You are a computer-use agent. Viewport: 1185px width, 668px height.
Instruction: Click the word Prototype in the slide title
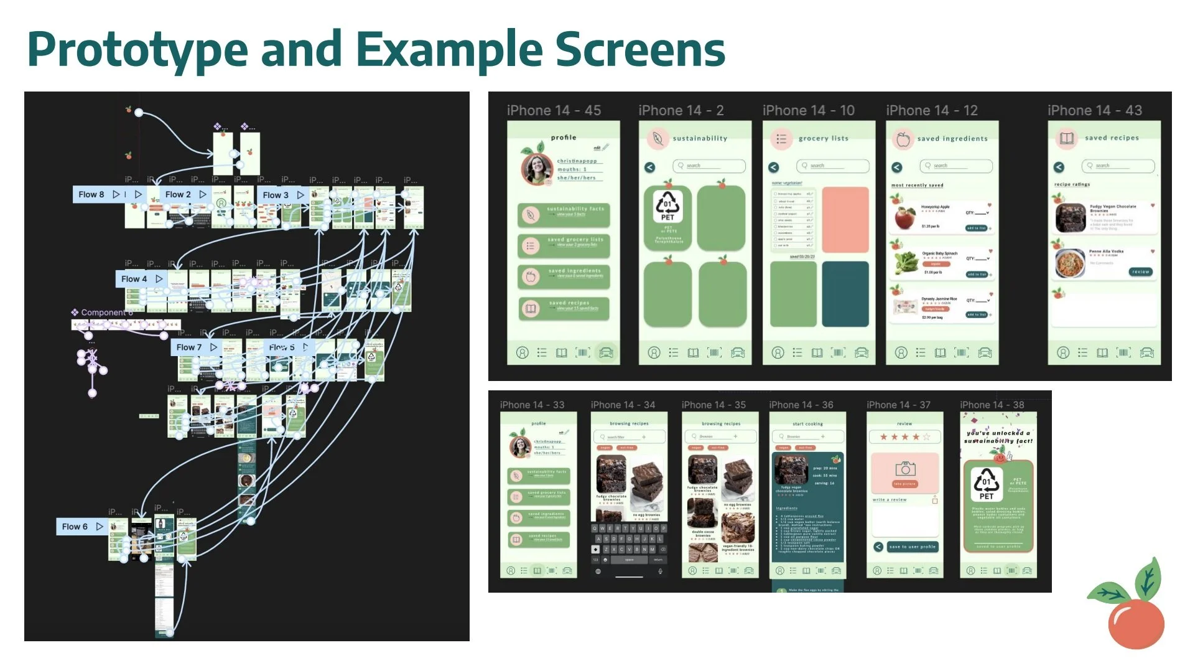click(137, 50)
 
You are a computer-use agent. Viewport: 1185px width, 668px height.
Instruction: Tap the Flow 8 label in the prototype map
click(91, 194)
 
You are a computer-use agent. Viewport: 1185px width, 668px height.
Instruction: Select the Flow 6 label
click(75, 527)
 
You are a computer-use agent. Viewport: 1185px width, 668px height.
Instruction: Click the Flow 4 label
click(134, 279)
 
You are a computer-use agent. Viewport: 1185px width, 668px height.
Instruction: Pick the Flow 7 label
click(188, 347)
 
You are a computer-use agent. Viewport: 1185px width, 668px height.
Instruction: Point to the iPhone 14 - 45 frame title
click(554, 110)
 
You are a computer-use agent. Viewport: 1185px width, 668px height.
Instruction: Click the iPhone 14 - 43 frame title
click(1094, 110)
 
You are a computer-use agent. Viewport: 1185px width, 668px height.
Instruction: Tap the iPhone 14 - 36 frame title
click(801, 405)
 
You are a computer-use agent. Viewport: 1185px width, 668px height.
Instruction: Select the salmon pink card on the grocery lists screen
click(845, 219)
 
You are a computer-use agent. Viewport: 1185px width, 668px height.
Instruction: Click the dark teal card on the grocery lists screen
click(845, 293)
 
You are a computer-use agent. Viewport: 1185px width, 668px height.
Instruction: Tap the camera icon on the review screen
click(904, 469)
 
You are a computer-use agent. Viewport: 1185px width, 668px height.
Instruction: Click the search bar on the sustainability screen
click(709, 166)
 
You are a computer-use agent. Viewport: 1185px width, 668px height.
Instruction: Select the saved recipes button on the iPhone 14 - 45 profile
click(564, 308)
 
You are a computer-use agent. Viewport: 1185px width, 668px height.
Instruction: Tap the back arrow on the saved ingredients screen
click(896, 167)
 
